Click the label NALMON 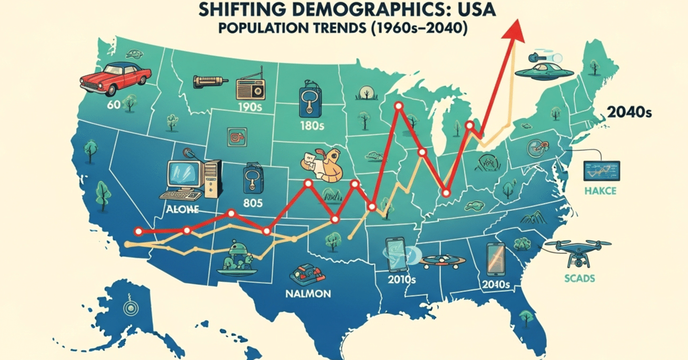click(x=307, y=293)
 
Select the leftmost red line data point click(x=139, y=232)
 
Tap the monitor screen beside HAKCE click(x=601, y=170)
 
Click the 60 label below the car click(x=113, y=104)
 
